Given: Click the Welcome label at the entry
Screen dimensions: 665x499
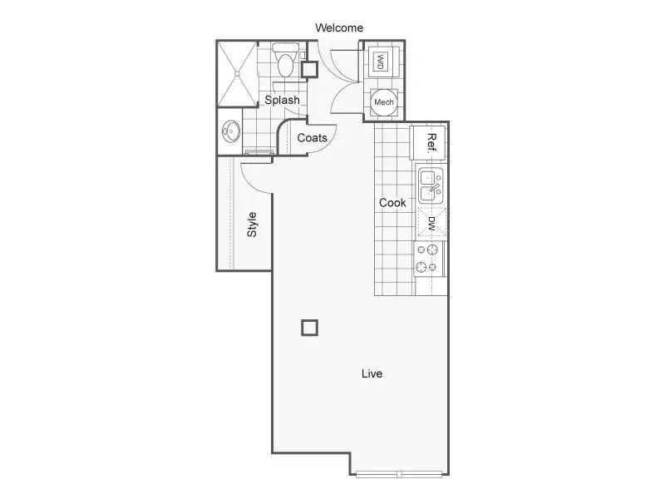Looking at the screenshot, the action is tap(339, 28).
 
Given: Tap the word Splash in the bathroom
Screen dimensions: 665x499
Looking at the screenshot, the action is tap(282, 100).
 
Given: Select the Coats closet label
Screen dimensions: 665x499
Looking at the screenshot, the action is tap(313, 138).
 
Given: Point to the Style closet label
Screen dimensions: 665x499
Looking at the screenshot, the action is tap(252, 225).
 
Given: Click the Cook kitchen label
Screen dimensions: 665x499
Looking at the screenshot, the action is tap(392, 203).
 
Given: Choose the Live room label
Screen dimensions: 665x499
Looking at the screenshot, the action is tap(372, 373).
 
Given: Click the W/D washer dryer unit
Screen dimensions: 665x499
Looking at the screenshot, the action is tap(381, 62).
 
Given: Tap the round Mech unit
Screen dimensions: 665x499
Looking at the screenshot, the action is tap(384, 102).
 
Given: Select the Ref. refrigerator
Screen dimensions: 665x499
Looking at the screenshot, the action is tap(428, 142).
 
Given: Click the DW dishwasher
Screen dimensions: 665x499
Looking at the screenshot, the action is tap(431, 223).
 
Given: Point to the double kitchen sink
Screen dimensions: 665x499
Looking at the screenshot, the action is tap(431, 185).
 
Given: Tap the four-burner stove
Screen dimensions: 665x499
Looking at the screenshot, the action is tap(428, 259).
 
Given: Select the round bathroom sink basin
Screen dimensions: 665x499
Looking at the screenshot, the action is tap(231, 131).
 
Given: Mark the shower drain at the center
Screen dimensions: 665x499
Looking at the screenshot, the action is tap(238, 74).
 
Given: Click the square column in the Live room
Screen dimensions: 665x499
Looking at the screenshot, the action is tap(309, 328).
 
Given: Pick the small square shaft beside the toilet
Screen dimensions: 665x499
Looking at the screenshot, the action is tap(309, 69).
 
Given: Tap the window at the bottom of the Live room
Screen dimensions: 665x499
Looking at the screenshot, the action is tap(399, 474).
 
